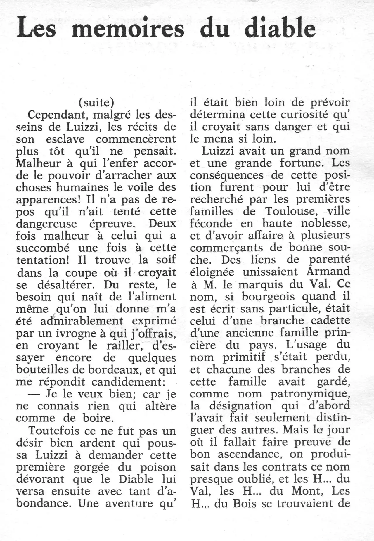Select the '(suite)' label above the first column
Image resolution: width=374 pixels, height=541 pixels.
(x=97, y=103)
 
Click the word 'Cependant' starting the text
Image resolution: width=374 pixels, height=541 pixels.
(x=57, y=115)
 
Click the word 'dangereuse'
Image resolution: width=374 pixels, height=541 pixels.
(x=46, y=224)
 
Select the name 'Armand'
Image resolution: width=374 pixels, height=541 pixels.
(x=328, y=272)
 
